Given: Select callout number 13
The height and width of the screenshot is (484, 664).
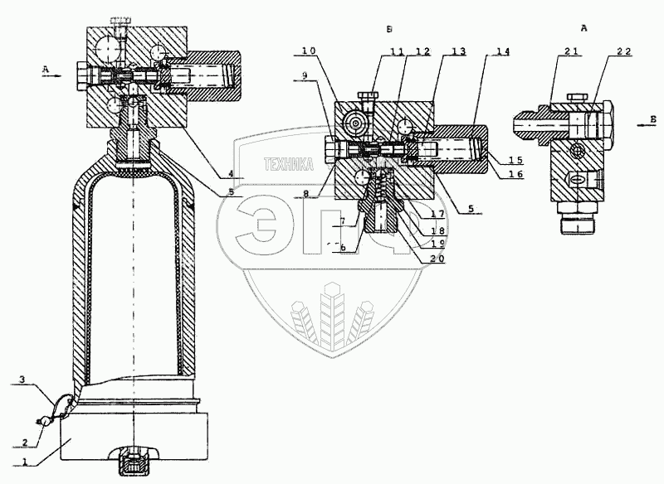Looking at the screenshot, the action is point(457,51).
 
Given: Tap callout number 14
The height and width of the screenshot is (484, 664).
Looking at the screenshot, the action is point(501,51).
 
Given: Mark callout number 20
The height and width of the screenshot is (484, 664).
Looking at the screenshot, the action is point(437,259).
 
